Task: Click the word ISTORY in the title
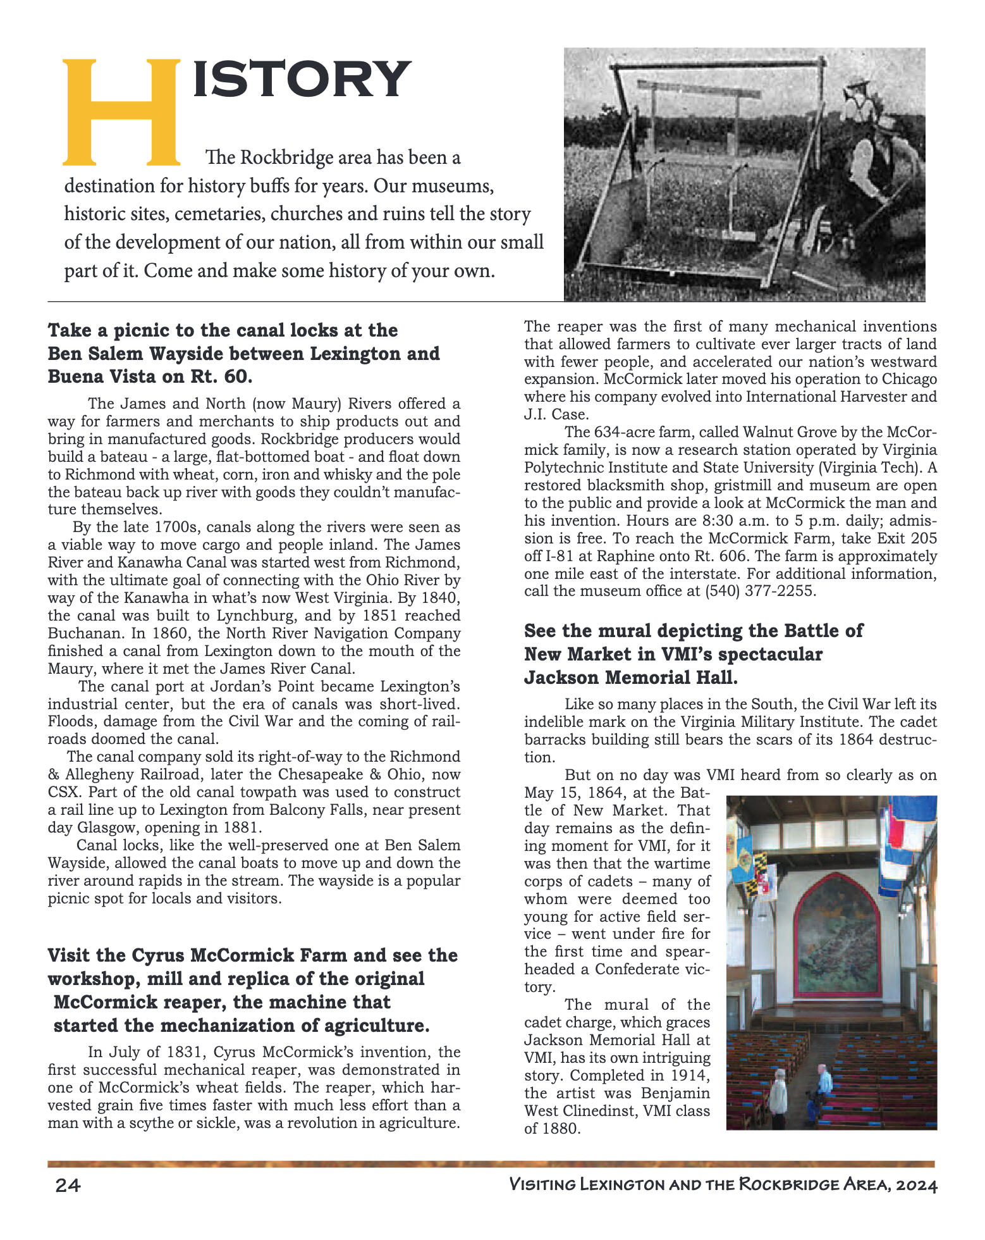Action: (302, 79)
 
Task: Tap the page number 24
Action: (68, 1185)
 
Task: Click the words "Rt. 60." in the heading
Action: (221, 377)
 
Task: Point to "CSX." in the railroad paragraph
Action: (64, 792)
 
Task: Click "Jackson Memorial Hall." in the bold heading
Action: (630, 678)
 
